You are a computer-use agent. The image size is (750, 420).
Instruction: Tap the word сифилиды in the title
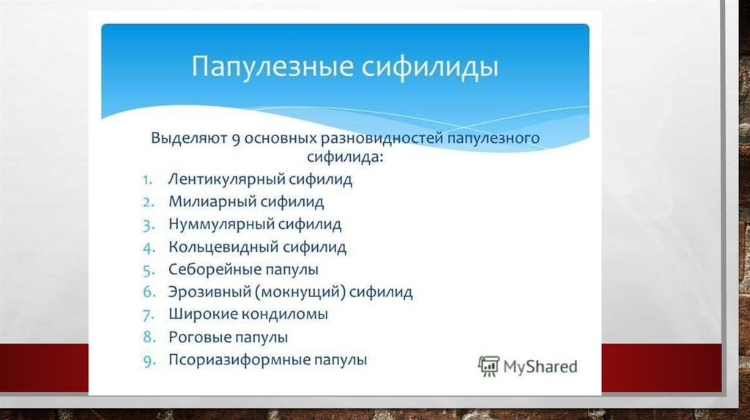[x=430, y=67]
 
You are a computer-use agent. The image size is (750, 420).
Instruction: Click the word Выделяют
[x=189, y=138]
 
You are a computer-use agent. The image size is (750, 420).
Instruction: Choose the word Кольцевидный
[x=223, y=247]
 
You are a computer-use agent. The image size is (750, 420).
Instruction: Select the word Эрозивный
[x=209, y=292]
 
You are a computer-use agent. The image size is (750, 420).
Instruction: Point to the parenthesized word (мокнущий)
[x=300, y=292]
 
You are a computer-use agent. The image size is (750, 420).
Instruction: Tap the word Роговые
[x=196, y=337]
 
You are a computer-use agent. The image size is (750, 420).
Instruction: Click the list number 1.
[x=147, y=180]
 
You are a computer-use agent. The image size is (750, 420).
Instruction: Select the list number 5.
[x=149, y=271]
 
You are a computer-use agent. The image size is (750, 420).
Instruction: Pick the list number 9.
[x=149, y=361]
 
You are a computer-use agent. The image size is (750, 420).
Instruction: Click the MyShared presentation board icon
[x=489, y=367]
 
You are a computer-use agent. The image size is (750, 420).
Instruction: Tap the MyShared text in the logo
[x=541, y=367]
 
